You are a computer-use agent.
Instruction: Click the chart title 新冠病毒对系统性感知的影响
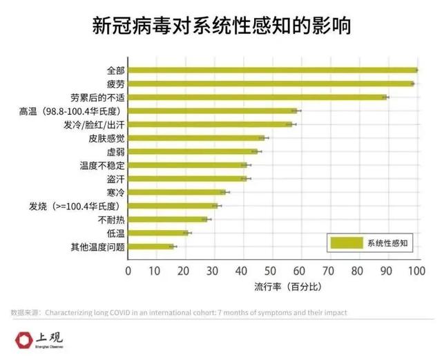click(x=221, y=26)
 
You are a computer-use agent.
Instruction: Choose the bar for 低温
click(x=158, y=232)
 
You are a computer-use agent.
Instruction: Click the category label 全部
click(x=116, y=70)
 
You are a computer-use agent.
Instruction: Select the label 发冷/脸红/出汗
click(x=94, y=124)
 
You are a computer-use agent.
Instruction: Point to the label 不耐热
click(x=111, y=219)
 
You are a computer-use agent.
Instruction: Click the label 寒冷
click(x=116, y=192)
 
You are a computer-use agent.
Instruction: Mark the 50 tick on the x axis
click(x=272, y=271)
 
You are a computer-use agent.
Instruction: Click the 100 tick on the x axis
click(x=416, y=271)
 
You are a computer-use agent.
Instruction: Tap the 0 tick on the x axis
click(x=128, y=271)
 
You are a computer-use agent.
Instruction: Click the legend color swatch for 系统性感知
click(x=346, y=243)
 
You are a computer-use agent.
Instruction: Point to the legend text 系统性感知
click(x=388, y=243)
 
